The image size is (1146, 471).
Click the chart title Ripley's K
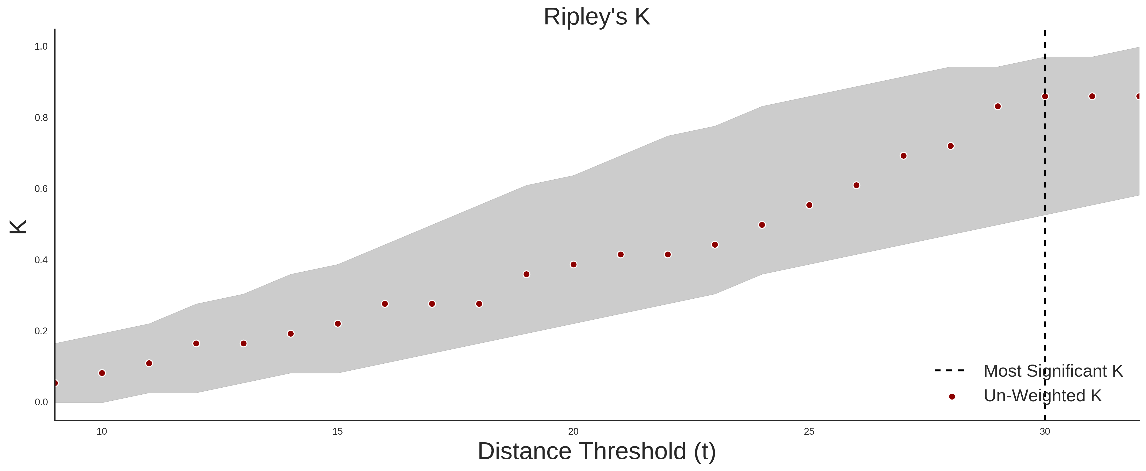(x=597, y=17)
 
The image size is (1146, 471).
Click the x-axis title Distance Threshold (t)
(x=597, y=451)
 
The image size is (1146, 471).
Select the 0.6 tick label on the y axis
(x=41, y=189)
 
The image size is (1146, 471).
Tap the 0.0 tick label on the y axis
(x=41, y=402)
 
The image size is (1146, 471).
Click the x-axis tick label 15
(x=338, y=431)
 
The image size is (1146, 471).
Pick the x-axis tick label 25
(x=809, y=431)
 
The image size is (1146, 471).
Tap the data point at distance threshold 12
(x=196, y=344)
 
